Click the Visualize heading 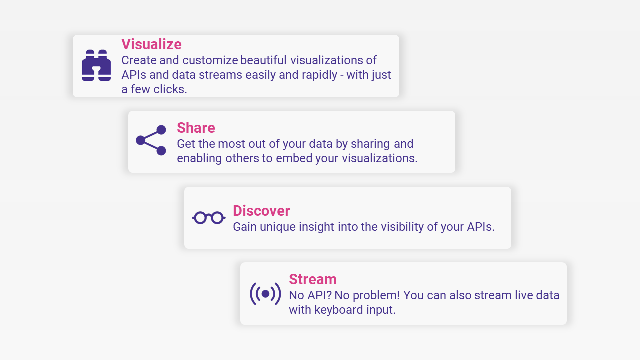pos(151,44)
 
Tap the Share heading pos(196,128)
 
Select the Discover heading pos(261,211)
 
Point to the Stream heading pos(313,279)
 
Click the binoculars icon pos(96,65)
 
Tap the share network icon pos(151,140)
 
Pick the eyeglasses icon pos(209,218)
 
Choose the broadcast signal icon pos(265,294)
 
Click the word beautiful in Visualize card pos(263,60)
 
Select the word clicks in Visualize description pos(170,89)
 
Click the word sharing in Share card pos(370,144)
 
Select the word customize pos(210,60)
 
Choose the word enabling pos(199,159)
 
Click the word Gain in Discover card pos(245,227)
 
